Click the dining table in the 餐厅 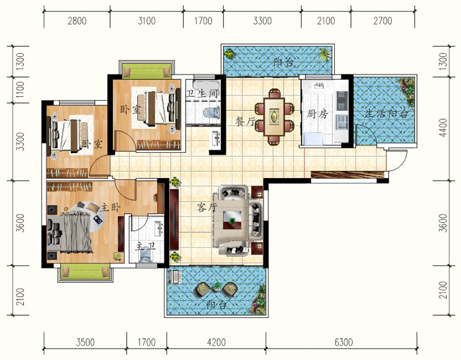point(274,117)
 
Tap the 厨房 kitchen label point(317,113)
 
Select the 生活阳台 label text point(386,113)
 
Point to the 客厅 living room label point(207,207)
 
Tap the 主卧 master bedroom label point(111,207)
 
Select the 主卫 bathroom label point(145,247)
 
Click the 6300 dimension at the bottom point(343,342)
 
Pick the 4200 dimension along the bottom point(217,342)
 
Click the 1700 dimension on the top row point(203,21)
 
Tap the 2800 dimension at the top point(77,21)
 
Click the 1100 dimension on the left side point(20,90)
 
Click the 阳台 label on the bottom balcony point(217,305)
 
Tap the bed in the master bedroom point(70,233)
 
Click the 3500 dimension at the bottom point(85,342)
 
